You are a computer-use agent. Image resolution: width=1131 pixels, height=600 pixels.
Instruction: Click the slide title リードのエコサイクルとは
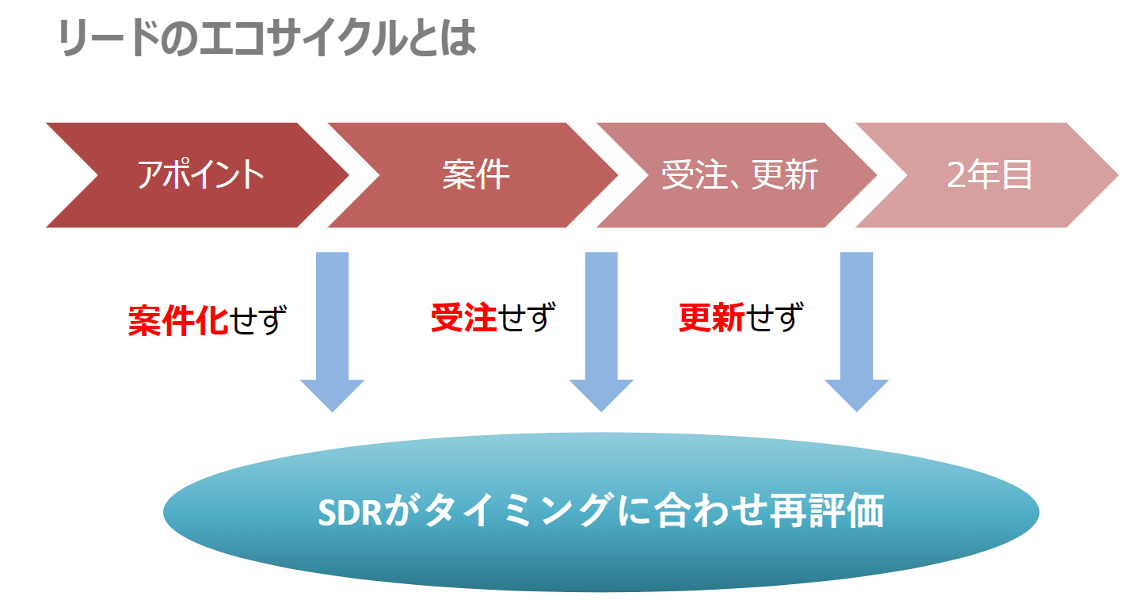[x=267, y=38]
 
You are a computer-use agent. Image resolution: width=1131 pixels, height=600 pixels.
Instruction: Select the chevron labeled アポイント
[x=197, y=175]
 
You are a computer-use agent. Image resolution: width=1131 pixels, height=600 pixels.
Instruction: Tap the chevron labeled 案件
[x=473, y=175]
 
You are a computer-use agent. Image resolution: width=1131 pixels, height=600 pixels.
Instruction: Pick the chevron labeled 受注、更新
[x=737, y=175]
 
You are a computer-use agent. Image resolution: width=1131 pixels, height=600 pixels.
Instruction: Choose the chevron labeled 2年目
[x=987, y=175]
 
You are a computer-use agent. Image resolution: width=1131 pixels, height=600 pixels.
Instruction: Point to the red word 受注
[x=463, y=318]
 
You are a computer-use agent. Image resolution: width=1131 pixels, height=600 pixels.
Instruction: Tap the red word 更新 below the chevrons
[x=711, y=318]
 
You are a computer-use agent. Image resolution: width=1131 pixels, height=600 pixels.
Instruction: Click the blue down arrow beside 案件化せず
[x=332, y=332]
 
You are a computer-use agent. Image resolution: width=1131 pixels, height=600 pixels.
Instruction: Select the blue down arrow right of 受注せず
[x=601, y=332]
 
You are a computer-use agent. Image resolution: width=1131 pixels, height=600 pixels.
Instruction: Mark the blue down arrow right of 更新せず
[x=856, y=332]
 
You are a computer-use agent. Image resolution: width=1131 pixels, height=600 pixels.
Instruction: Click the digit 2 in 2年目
[x=956, y=175]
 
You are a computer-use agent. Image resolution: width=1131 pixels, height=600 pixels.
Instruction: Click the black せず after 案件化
[x=258, y=320]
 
